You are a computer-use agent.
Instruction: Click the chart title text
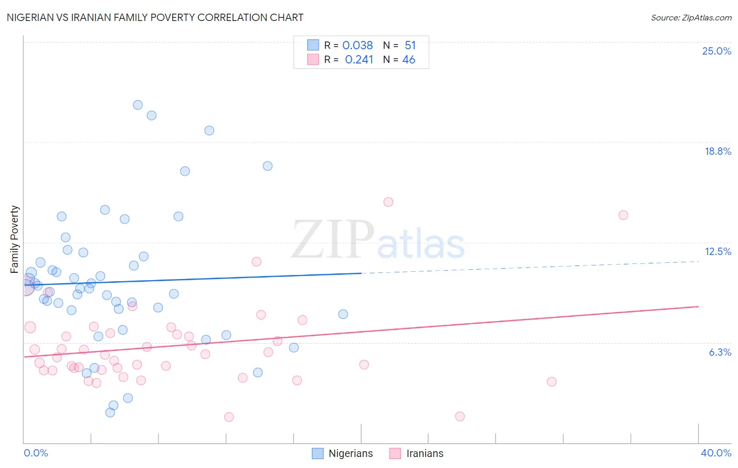[x=155, y=17]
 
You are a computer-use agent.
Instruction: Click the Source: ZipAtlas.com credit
[x=691, y=17]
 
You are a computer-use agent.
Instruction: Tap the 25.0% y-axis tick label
[x=716, y=51]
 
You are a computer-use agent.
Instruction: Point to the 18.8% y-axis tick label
[x=718, y=151]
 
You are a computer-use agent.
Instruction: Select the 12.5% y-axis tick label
[x=718, y=251]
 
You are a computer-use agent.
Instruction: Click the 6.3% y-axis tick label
[x=720, y=352]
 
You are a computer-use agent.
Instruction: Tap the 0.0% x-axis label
[x=36, y=453]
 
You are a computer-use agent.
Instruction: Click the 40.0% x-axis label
[x=715, y=453]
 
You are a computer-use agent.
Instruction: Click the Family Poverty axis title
[x=15, y=239]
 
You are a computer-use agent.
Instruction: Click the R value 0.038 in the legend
[x=357, y=46]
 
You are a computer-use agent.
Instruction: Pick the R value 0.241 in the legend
[x=359, y=60]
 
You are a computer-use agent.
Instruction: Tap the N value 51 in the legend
[x=410, y=46]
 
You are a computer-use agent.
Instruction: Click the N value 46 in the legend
[x=408, y=60]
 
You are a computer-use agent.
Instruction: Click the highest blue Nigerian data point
[x=138, y=105]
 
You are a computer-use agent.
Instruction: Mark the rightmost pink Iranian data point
[x=623, y=215]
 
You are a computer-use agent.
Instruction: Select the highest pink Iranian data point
[x=388, y=202]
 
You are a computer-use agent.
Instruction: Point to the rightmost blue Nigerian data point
[x=343, y=314]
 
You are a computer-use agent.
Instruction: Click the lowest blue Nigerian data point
[x=110, y=412]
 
